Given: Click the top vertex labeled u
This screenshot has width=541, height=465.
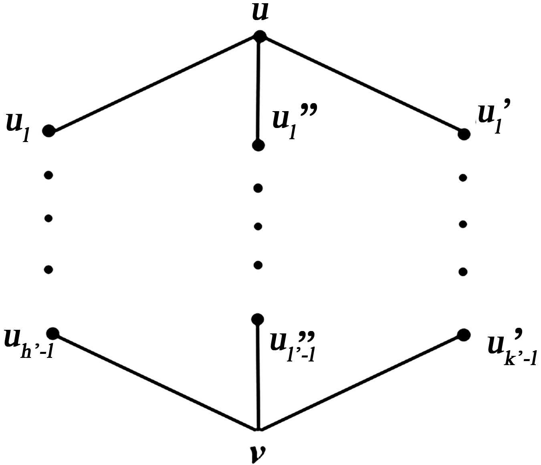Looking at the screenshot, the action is (x=259, y=37).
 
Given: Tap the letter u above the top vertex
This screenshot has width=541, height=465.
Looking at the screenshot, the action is (x=260, y=12).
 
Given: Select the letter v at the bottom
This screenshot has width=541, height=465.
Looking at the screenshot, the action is (x=257, y=452).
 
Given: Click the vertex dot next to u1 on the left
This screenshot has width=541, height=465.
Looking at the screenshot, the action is (x=49, y=131).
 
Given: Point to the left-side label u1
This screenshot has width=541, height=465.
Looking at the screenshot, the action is (x=18, y=126).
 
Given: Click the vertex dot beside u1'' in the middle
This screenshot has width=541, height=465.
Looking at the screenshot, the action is (x=258, y=145).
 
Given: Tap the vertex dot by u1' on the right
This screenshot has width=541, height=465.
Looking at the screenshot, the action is (x=464, y=134).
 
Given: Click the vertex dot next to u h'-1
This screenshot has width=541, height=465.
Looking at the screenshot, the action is (x=52, y=333).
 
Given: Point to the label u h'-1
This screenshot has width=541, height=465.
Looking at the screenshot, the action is (x=28, y=343).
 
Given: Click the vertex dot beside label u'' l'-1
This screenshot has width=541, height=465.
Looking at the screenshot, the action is (x=258, y=319).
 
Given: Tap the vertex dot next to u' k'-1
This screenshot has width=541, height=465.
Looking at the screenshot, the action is (x=463, y=335).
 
